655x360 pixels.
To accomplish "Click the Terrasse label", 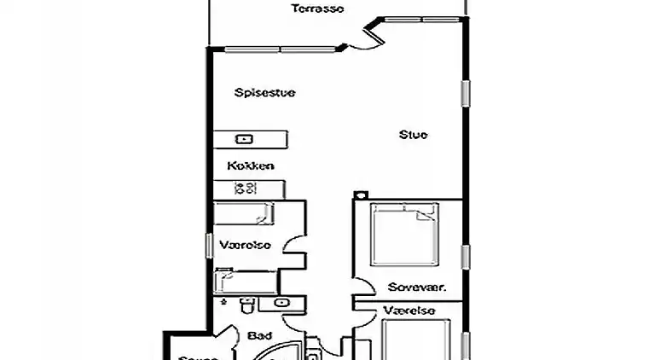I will (317, 9).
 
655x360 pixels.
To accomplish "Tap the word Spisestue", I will (264, 93).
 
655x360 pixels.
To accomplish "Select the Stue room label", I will (414, 135).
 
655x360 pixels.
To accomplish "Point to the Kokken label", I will (250, 165).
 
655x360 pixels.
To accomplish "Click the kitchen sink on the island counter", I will (244, 138).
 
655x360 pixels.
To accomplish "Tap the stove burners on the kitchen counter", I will (246, 189).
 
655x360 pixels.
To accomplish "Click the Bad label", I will (259, 336).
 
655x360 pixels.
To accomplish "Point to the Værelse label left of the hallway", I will (245, 246).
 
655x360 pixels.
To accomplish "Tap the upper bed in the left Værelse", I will (244, 213).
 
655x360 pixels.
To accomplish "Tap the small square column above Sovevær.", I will (359, 195).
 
